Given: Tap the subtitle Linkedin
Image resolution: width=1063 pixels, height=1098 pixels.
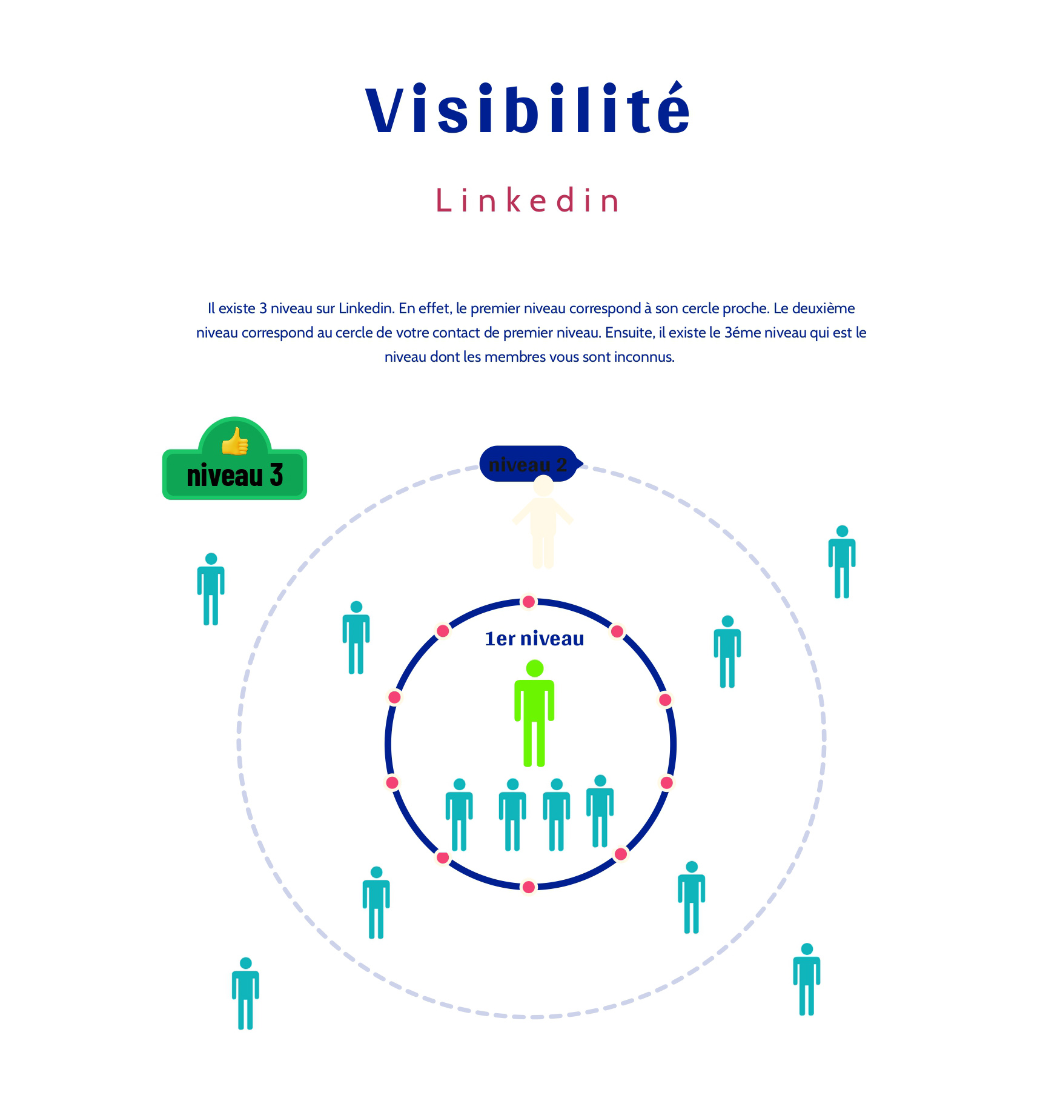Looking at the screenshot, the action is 528,201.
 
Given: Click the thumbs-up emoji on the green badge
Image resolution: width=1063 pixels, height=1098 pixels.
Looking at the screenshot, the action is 235,441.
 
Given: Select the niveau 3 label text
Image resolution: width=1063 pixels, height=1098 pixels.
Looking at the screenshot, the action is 235,476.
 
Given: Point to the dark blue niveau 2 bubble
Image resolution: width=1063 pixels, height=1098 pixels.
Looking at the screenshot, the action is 528,464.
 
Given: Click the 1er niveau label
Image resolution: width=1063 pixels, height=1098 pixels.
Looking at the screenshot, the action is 534,639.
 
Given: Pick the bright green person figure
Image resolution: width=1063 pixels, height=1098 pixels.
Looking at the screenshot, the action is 534,714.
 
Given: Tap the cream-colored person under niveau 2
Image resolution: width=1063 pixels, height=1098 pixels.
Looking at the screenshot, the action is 543,522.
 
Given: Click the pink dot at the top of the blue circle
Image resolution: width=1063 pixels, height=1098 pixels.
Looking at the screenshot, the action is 529,602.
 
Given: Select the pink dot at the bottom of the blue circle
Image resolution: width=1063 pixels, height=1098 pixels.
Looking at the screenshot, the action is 529,887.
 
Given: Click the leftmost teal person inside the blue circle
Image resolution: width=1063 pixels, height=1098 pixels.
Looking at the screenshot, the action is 459,815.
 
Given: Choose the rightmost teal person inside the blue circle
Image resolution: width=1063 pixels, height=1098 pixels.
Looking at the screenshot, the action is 600,811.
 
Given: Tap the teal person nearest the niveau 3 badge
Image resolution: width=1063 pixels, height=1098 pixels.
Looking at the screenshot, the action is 211,589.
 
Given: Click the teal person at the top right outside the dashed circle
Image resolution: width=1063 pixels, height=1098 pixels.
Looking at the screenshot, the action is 842,562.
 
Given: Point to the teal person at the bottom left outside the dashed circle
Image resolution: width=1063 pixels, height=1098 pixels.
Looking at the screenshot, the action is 245,993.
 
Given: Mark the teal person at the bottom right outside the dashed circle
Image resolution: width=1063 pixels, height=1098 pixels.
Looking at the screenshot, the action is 807,979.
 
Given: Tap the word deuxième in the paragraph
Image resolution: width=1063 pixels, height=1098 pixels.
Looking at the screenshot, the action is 823,308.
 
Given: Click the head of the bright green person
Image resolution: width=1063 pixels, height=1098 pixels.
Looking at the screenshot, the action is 535,668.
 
